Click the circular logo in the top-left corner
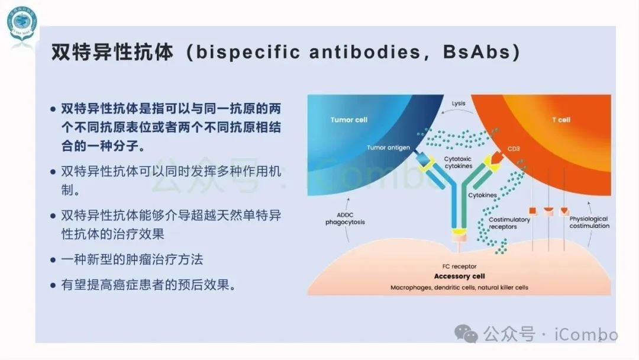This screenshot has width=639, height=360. [22, 24]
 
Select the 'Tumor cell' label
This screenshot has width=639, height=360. [348, 120]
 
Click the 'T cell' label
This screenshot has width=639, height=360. [561, 120]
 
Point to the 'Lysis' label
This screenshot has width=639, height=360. [459, 103]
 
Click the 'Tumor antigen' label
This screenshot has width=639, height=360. [388, 147]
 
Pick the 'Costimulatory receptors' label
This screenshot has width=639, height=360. [509, 223]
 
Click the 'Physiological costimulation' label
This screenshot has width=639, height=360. [589, 222]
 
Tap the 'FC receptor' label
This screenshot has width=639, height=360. [459, 266]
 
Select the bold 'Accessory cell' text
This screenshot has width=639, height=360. [459, 277]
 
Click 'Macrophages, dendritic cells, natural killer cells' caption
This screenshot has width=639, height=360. [459, 287]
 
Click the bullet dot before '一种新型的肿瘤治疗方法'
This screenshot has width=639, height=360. [53, 260]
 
